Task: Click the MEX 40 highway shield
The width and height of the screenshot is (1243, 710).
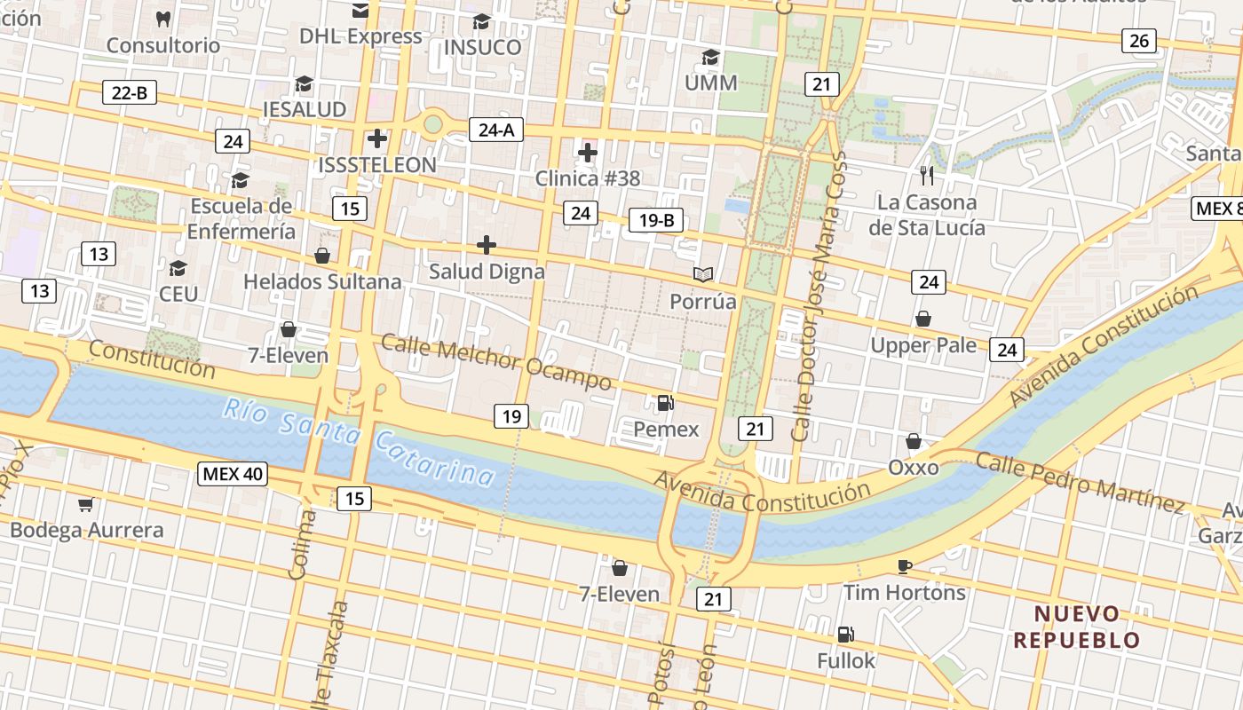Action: tap(233, 473)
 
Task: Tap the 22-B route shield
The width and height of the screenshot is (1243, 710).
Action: tap(130, 91)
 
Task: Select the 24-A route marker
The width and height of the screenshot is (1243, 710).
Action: tap(496, 130)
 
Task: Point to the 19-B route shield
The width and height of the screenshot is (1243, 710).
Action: tap(656, 220)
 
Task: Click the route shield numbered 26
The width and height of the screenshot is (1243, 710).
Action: tap(1139, 40)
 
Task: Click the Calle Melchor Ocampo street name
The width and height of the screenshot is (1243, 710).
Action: tap(496, 362)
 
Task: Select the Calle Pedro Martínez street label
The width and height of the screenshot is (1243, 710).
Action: tap(1080, 483)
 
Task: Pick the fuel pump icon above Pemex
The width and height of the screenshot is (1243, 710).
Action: tap(665, 403)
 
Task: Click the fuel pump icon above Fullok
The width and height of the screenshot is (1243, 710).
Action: tap(846, 635)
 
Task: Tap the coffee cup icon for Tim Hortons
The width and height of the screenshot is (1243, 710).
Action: tap(904, 566)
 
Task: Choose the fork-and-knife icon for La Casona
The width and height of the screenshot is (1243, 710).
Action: tap(927, 175)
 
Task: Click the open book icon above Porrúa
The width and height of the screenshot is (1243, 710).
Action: tap(703, 274)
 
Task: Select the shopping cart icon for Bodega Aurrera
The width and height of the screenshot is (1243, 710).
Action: tap(85, 504)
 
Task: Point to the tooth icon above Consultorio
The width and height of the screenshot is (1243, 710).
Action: tap(162, 18)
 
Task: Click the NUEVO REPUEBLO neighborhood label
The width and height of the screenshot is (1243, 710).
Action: tap(1077, 627)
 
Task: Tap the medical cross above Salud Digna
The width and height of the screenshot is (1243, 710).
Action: tap(487, 245)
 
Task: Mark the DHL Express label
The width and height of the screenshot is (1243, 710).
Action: tap(360, 36)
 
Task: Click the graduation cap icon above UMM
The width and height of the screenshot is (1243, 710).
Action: tap(710, 58)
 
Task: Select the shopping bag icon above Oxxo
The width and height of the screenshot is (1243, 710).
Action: tap(913, 441)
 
